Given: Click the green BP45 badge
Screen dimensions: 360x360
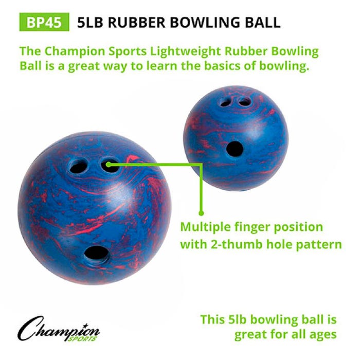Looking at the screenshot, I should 44,22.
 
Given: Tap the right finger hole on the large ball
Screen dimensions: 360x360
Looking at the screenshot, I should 110,165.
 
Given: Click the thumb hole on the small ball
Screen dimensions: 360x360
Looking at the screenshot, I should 235,148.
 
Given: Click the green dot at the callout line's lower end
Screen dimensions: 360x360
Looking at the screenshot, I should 202,210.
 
